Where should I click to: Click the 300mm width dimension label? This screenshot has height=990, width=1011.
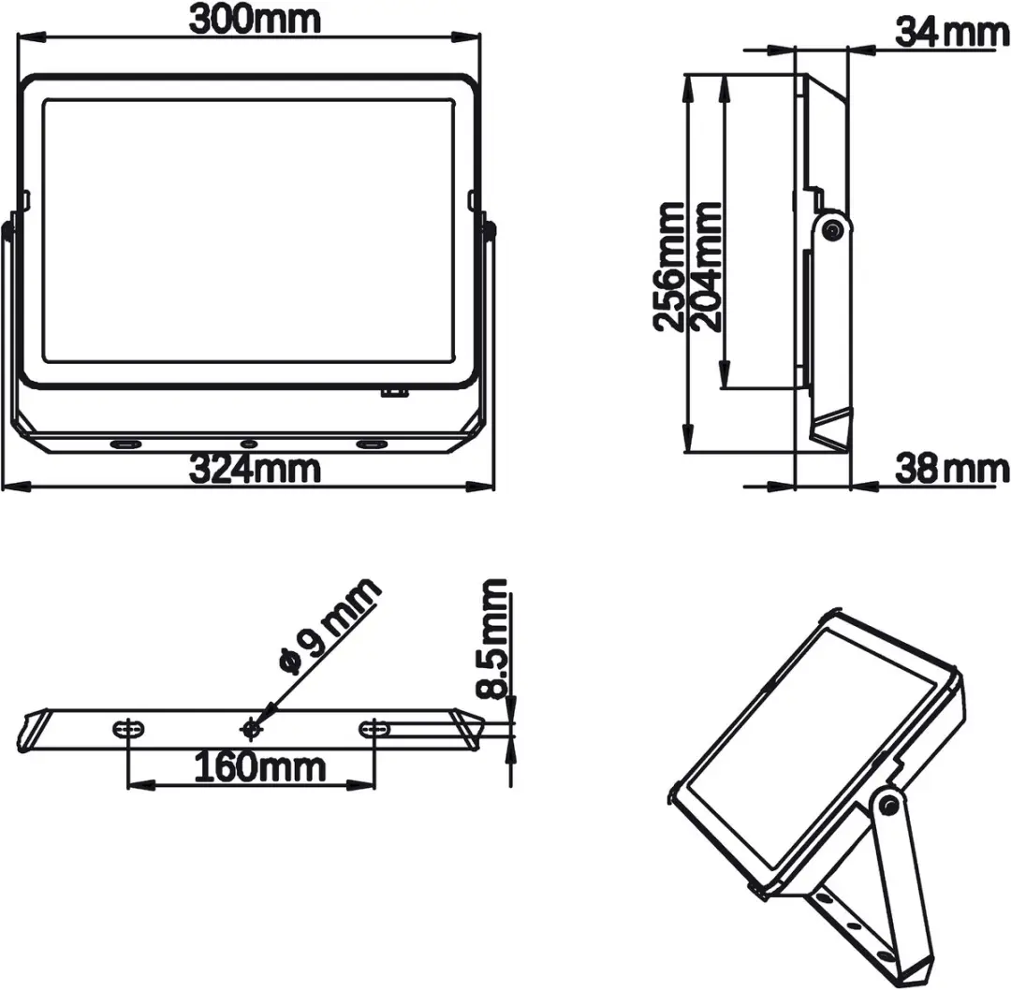coord(254,20)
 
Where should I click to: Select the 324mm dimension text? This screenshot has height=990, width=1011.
coord(254,469)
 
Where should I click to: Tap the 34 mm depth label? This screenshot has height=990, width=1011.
coord(952,32)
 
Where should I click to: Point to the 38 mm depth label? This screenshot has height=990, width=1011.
coord(952,469)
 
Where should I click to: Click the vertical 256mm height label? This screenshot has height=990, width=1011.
coord(668,267)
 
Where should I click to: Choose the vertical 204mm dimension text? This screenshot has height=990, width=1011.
coord(706,267)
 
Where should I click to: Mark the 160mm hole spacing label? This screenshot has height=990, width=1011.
coord(260,767)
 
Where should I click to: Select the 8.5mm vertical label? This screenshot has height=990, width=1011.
coord(492,639)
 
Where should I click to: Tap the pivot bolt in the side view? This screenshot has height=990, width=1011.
coord(832,230)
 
